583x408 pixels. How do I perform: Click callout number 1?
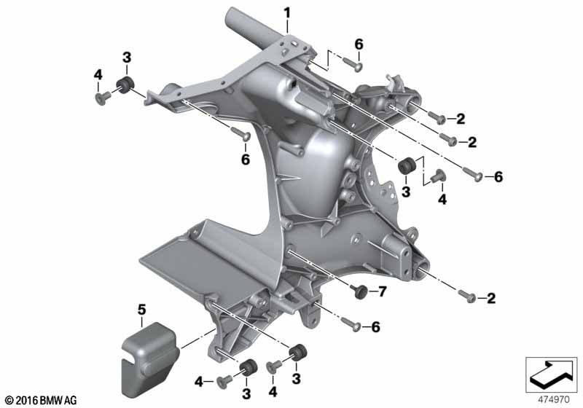point(286,14)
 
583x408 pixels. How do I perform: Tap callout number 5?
point(141,310)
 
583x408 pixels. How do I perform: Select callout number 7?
point(383,291)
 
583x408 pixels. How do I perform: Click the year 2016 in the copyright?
point(26,400)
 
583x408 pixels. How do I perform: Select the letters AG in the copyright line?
point(70,400)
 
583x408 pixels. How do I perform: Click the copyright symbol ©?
point(9,400)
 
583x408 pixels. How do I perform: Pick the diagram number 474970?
point(554,400)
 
